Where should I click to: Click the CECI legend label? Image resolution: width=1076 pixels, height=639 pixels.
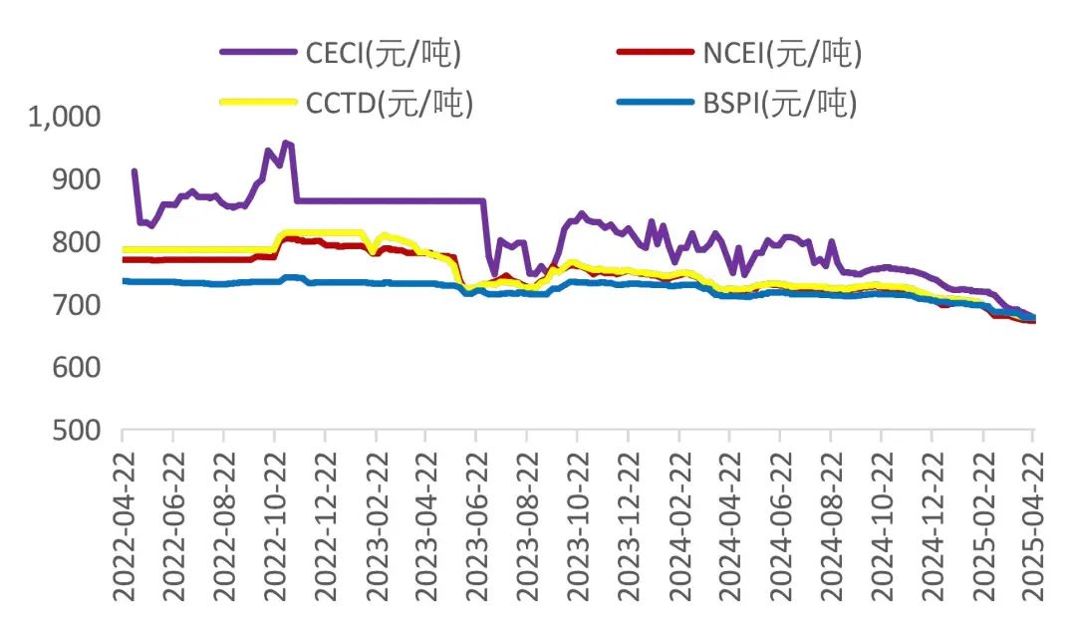point(384,55)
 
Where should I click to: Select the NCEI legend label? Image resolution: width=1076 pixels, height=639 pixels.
point(782,55)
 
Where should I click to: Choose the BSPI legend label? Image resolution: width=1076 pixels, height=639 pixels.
point(780,103)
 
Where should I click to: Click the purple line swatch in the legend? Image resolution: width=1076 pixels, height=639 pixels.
point(258,55)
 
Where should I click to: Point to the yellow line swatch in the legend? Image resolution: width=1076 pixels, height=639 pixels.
point(258,103)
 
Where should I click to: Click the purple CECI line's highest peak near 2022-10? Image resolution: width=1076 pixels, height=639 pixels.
point(287,143)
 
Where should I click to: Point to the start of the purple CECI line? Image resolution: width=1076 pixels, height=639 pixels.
point(134,171)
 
